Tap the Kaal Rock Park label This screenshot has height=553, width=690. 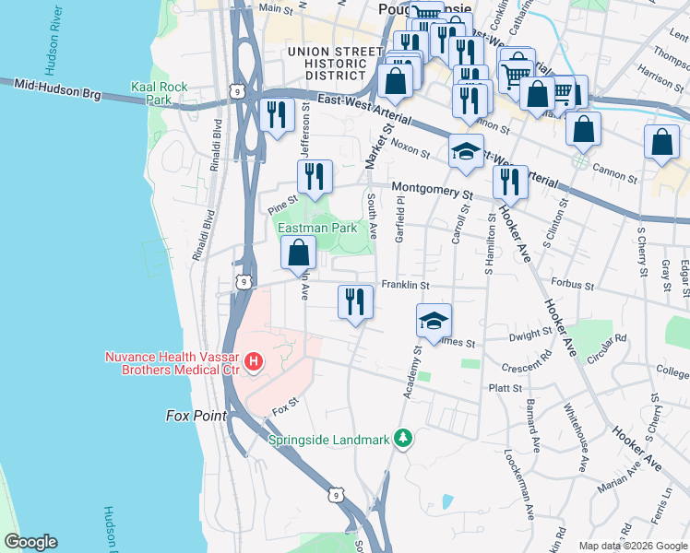pyautogui.click(x=159, y=93)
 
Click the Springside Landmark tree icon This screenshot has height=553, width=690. pyautogui.click(x=402, y=437)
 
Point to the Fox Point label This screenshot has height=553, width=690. pyautogui.click(x=196, y=416)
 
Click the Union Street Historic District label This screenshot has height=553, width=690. pyautogui.click(x=334, y=62)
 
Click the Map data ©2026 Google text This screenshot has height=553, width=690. pyautogui.click(x=632, y=546)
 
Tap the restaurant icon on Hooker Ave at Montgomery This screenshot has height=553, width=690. pyautogui.click(x=510, y=182)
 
